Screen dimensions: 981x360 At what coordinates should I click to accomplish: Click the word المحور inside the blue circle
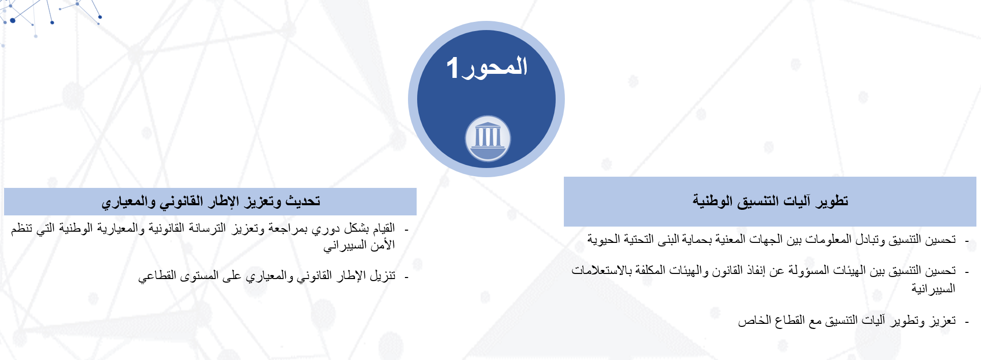pyautogui.click(x=495, y=67)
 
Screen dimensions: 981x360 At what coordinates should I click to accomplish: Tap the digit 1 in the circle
pyautogui.click(x=453, y=68)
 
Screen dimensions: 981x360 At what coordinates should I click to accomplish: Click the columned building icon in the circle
pyautogui.click(x=488, y=139)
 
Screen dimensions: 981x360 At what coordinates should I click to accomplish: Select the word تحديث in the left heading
pyautogui.click(x=303, y=201)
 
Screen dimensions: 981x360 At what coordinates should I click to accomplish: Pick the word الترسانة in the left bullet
pyautogui.click(x=206, y=228)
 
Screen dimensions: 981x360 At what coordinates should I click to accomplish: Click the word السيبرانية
pyautogui.click(x=933, y=289)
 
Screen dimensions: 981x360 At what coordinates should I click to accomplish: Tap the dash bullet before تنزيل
pyautogui.click(x=406, y=277)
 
